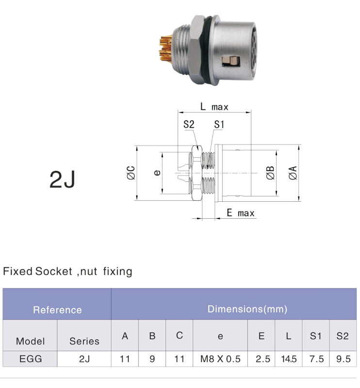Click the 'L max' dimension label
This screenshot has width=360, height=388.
[214, 107]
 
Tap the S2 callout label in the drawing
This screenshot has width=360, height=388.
[189, 124]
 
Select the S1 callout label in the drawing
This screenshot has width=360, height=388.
[219, 125]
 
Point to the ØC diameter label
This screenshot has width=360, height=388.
[131, 173]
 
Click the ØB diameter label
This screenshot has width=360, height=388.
[270, 173]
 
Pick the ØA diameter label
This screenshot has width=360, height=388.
[293, 173]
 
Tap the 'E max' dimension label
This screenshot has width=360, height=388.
[241, 213]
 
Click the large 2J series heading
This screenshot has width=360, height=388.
[62, 179]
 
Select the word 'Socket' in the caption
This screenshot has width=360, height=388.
[53, 271]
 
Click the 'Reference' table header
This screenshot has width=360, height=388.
[57, 310]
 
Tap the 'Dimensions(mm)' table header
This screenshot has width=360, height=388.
[247, 309]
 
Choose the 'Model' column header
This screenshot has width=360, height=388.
[30, 341]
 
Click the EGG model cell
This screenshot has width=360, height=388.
[31, 359]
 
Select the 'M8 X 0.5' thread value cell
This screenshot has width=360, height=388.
[220, 359]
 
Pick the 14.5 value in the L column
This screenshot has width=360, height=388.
[289, 359]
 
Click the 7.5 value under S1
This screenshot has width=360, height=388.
[316, 359]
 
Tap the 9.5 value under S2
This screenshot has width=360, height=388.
[343, 359]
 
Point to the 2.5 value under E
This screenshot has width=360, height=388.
[262, 359]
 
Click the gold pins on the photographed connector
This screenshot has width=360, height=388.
[165, 49]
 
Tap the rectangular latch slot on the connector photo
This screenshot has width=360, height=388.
[231, 61]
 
